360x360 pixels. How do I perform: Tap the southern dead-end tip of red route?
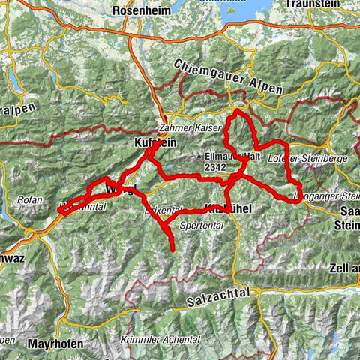[173, 249]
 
